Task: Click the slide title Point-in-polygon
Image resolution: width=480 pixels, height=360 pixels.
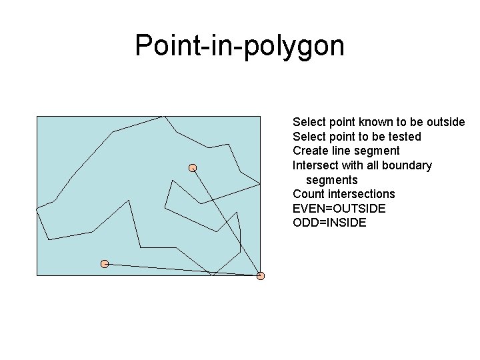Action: point(239,46)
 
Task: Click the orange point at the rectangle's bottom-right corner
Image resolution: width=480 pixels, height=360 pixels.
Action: point(261,275)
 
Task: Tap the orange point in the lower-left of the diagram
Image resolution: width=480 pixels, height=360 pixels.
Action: point(105,264)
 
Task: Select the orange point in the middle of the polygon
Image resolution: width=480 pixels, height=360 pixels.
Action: point(192,167)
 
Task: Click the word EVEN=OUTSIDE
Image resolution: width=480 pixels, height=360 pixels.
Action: point(339,209)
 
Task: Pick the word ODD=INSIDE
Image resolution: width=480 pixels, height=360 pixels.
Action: point(329,223)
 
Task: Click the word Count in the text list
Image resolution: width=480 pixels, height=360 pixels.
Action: point(308,194)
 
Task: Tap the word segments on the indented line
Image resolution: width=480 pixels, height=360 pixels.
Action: point(331,180)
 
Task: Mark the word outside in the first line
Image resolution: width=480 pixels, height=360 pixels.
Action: point(445,122)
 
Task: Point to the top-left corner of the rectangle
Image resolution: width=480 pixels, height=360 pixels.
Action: point(37,116)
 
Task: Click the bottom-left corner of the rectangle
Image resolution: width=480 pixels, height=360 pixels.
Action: point(37,275)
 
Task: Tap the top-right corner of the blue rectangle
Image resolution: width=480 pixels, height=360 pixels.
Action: point(261,116)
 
